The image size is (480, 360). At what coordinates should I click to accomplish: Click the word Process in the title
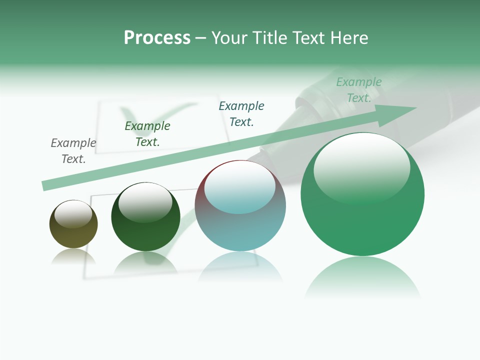(157, 38)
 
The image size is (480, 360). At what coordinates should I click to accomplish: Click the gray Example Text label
(73, 150)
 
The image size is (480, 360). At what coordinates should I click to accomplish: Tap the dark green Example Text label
(147, 133)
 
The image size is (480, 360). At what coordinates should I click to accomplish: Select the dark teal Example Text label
(241, 113)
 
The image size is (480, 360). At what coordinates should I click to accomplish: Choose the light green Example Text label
(359, 89)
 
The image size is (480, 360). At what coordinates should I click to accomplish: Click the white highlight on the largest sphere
(361, 165)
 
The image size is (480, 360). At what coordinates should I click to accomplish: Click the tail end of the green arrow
(46, 185)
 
